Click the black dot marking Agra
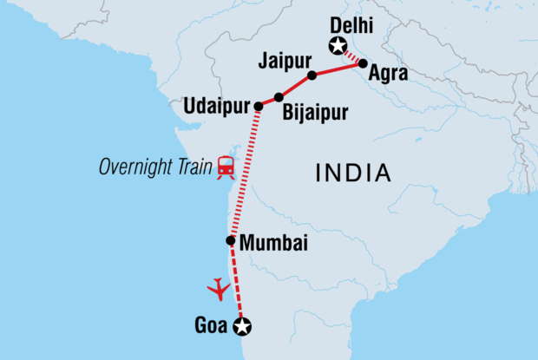pyautogui.click(x=363, y=62)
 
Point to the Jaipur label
pyautogui.click(x=284, y=62)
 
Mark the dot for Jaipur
pyautogui.click(x=312, y=75)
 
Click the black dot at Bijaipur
pyautogui.click(x=279, y=97)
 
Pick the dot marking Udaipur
pyautogui.click(x=258, y=106)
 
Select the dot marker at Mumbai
pyautogui.click(x=231, y=241)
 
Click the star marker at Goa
pyautogui.click(x=242, y=327)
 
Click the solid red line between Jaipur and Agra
pyautogui.click(x=338, y=69)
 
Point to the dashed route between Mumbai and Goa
pyautogui.click(x=236, y=282)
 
